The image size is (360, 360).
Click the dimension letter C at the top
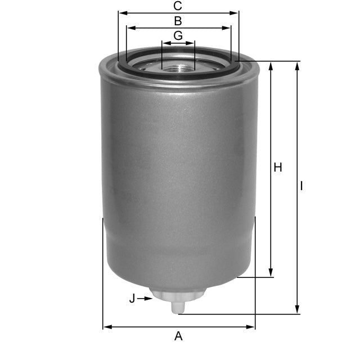coord(178,6)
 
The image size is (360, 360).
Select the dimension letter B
coord(178,21)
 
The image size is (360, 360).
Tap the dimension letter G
coord(178,35)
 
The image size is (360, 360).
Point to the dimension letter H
coord(277,168)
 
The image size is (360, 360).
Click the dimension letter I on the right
coord(302,186)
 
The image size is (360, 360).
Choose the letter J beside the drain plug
coord(132,299)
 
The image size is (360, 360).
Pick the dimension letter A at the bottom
coord(178,336)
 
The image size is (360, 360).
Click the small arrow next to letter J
coord(148,299)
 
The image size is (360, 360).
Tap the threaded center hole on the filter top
coord(178,66)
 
